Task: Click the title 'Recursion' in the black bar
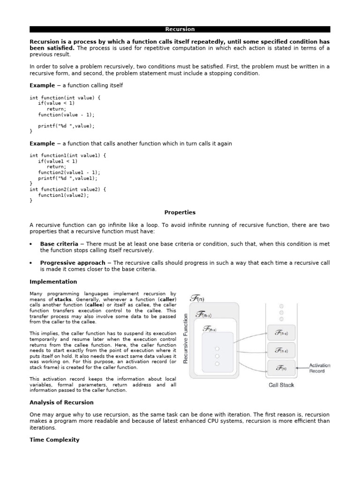pos(180,29)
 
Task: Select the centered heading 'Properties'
pos(180,212)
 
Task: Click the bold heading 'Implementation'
pos(53,282)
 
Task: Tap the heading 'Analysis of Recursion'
pos(61,402)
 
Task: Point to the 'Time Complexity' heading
pos(54,440)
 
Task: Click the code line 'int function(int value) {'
pos(65,97)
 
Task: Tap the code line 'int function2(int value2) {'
pos(67,189)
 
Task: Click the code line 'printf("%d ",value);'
pos(66,126)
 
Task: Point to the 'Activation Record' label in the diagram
pos(320,368)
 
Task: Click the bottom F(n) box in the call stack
pos(281,368)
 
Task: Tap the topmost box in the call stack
pos(281,333)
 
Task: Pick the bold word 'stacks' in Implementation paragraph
pos(63,299)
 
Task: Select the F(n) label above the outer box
pos(197,298)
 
